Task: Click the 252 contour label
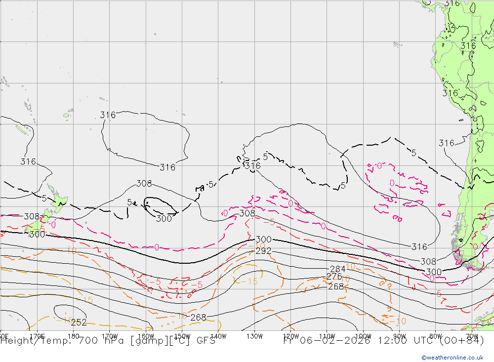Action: point(79,322)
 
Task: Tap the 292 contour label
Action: point(263,251)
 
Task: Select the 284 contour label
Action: point(338,269)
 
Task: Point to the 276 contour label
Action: point(334,277)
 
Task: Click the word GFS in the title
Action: point(206,340)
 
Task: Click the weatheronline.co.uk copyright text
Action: point(453,358)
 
